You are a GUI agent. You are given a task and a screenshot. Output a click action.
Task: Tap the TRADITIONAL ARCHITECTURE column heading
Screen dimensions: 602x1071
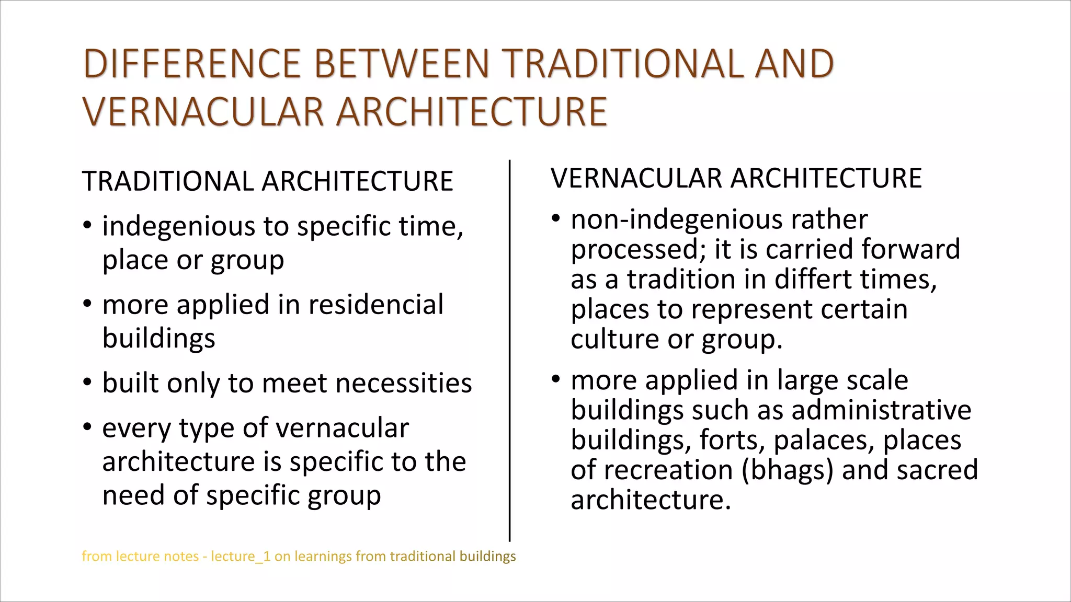point(267,181)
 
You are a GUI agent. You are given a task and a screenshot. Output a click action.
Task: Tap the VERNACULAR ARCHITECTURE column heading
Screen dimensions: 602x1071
point(736,178)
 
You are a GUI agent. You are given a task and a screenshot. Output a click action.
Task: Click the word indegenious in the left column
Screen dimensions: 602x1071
point(178,226)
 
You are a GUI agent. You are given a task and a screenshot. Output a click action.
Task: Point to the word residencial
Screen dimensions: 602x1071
point(375,305)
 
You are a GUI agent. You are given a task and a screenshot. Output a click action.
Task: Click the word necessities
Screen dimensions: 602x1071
point(403,383)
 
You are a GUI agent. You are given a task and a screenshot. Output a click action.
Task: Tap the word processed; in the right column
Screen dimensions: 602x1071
point(639,250)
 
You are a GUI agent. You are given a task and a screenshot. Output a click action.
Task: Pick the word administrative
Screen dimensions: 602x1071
point(881,410)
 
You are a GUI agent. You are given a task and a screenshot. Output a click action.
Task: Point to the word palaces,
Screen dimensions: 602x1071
point(823,440)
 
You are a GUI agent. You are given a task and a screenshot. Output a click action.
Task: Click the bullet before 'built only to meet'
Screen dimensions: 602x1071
point(87,383)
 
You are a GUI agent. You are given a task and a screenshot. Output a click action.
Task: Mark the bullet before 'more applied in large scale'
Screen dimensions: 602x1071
point(556,379)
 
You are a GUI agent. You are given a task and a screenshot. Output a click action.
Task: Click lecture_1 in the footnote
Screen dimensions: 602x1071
point(241,557)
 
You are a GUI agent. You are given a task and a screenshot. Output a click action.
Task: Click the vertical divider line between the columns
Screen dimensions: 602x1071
point(509,350)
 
